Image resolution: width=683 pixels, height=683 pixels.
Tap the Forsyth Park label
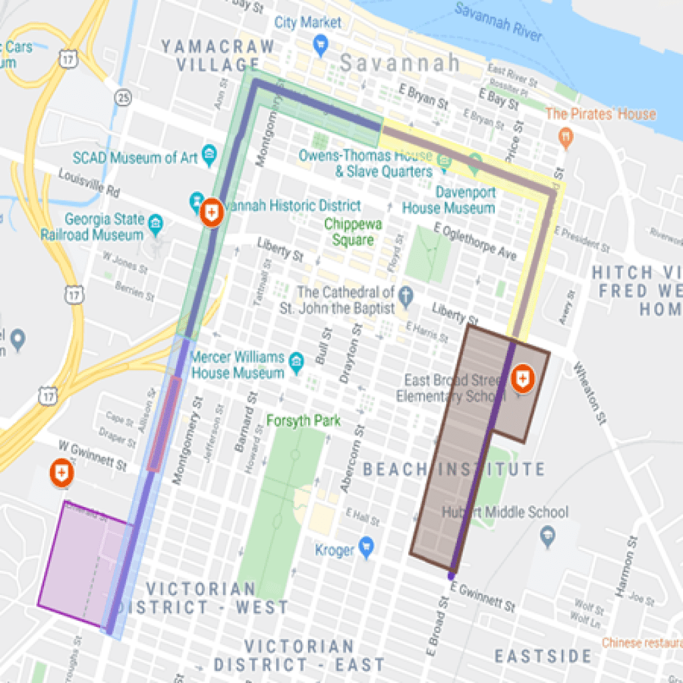pyautogui.click(x=303, y=421)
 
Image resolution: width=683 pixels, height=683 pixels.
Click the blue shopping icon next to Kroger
pyautogui.click(x=366, y=546)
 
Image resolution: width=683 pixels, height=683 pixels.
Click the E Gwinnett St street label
pyautogui.click(x=483, y=597)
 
